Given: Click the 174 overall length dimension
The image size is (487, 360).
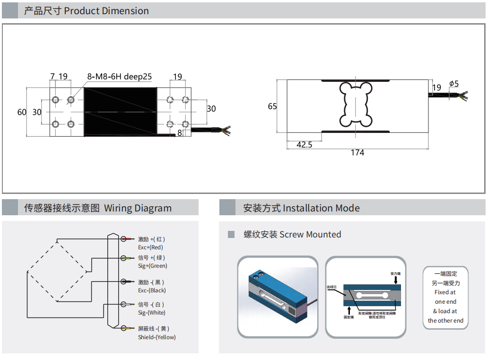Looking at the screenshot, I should coord(357,152).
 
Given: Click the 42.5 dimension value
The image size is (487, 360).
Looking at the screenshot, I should coord(304,145).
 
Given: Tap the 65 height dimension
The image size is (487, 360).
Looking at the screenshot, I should coord(272,106).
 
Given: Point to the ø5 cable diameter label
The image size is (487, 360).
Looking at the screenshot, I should coord(454,84).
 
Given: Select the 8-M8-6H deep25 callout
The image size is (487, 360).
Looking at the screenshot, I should coord(120,77).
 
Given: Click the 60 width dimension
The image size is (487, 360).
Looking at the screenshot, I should coord(22,112).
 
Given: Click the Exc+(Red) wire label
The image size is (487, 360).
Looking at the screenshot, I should coord(150,247).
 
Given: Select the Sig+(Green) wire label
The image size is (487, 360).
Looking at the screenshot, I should coord(152,266).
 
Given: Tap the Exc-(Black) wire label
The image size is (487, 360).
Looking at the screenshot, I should coord(152,290).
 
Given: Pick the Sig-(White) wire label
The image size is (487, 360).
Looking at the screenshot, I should coord(151,313).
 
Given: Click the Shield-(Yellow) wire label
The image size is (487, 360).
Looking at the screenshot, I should coord(157,337).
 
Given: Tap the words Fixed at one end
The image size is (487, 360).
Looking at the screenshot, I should coord(445,297).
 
